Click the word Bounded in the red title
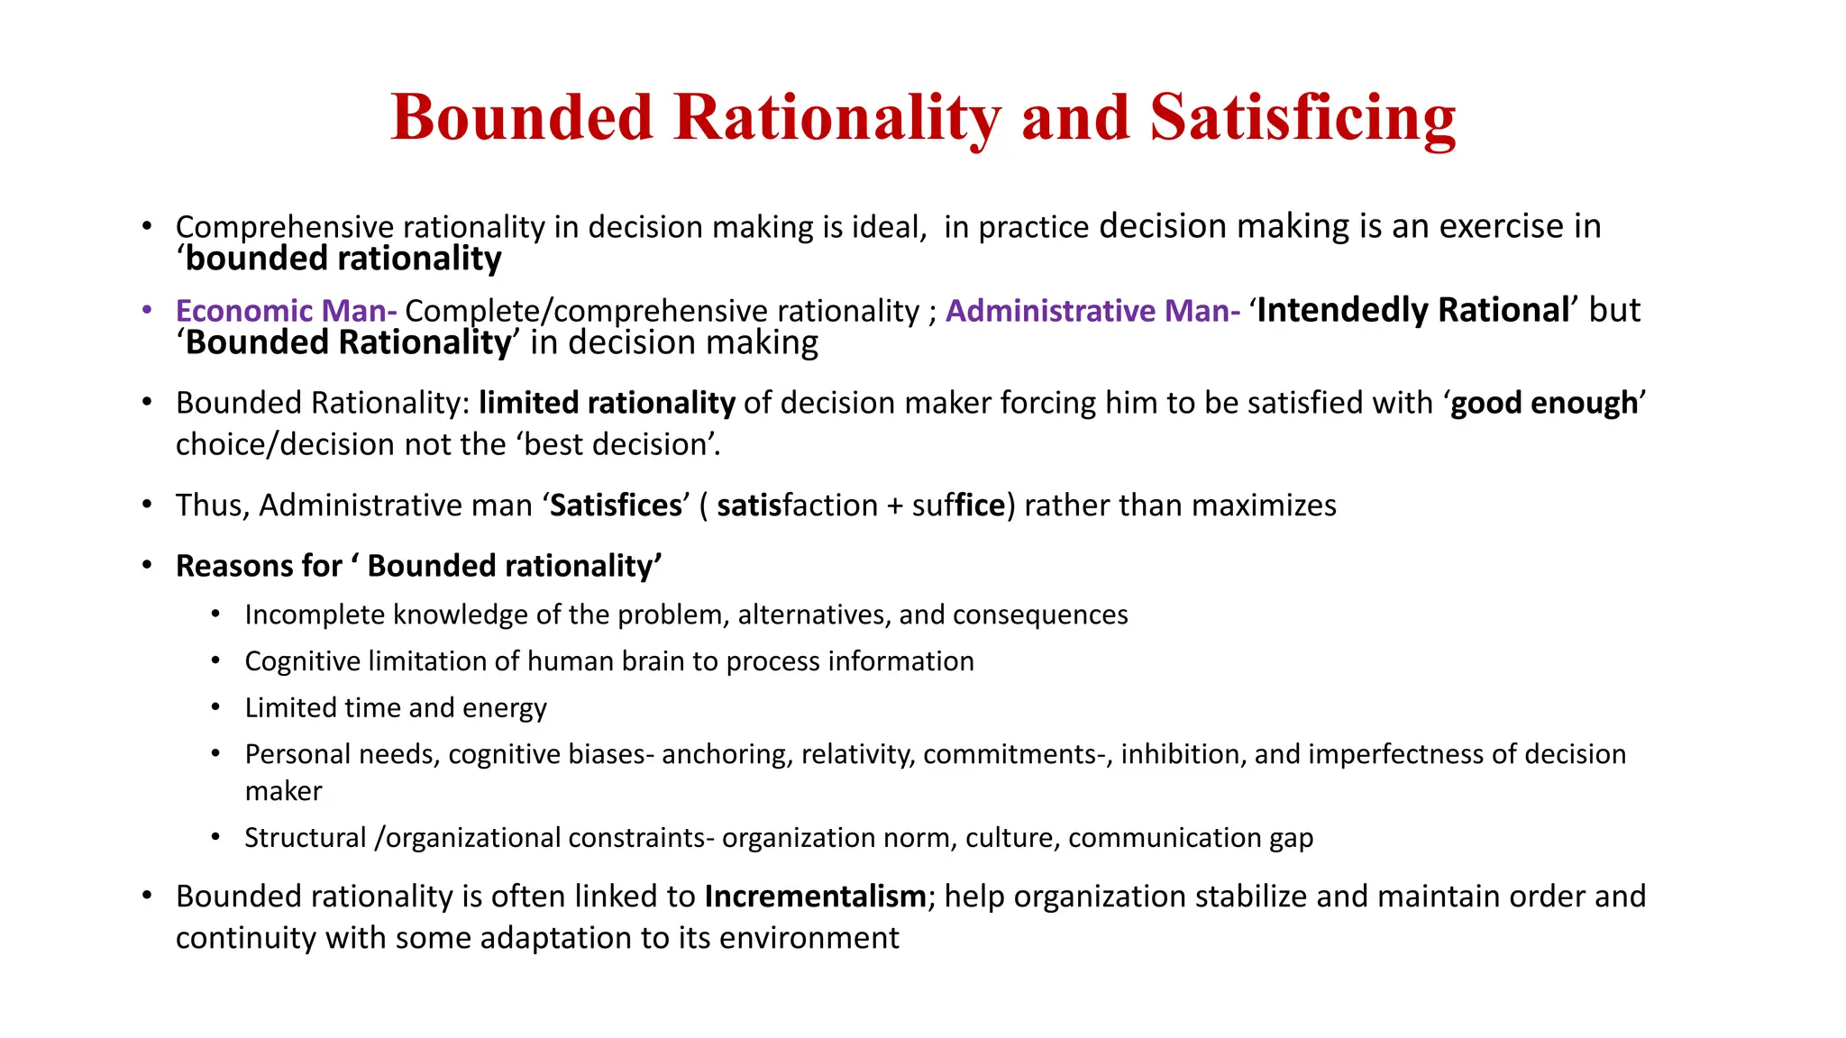tap(522, 118)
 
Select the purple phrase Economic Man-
tap(286, 311)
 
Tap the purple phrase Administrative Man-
tap(1092, 311)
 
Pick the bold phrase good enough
tap(1543, 403)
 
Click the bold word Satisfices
tap(616, 505)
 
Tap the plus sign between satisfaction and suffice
tap(894, 506)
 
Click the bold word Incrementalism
tap(815, 897)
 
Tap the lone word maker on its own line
tap(283, 791)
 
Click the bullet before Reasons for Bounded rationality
tap(147, 566)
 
